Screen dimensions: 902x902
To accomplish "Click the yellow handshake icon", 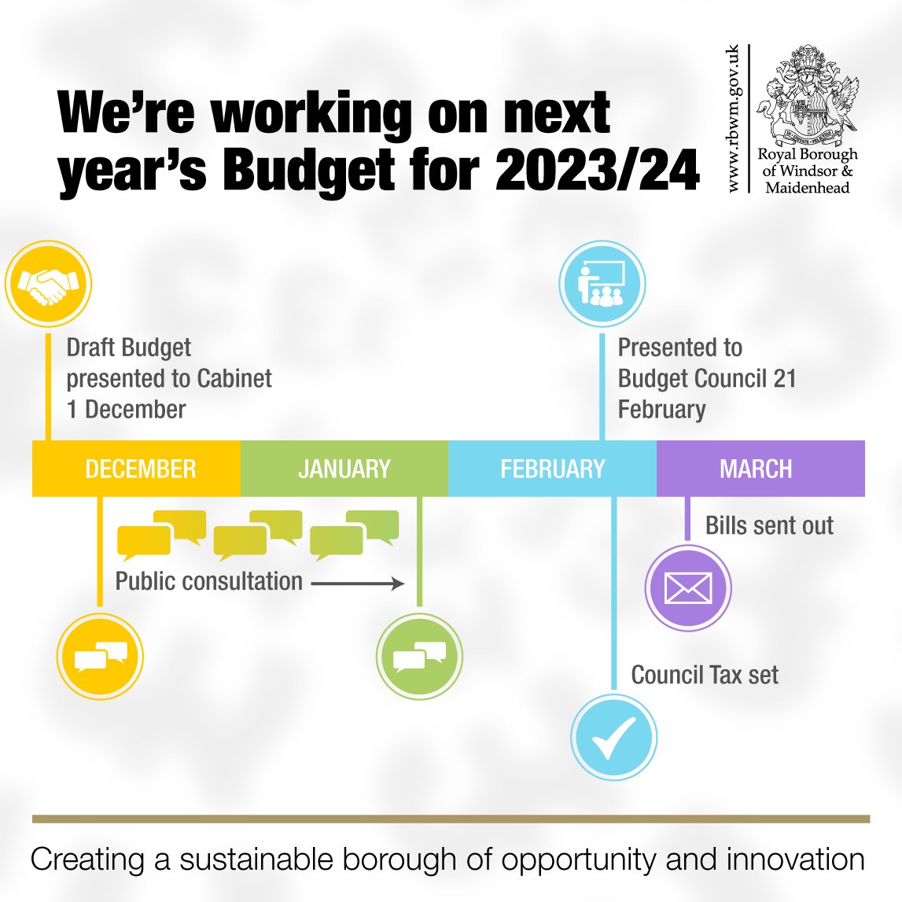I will (48, 284).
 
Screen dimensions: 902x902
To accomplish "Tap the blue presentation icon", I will (602, 284).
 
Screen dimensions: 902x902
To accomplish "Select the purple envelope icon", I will (688, 588).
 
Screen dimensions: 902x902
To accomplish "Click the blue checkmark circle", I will (613, 738).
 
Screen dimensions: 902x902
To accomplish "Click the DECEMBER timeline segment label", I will (140, 469).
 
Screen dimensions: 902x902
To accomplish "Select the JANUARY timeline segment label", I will (344, 469).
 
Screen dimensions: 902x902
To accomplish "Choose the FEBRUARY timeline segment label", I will (553, 469).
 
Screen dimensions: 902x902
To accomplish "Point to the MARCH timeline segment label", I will (756, 469).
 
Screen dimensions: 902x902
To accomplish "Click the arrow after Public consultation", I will (358, 584).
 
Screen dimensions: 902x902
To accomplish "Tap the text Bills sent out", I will (769, 525).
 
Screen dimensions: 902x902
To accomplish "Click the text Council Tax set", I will (705, 675).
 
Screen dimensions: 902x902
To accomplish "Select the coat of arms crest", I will (807, 93).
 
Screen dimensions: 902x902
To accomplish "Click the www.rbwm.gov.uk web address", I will (733, 118).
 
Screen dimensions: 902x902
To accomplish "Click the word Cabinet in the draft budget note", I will (234, 378).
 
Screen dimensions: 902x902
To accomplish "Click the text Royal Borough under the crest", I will (808, 154).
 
